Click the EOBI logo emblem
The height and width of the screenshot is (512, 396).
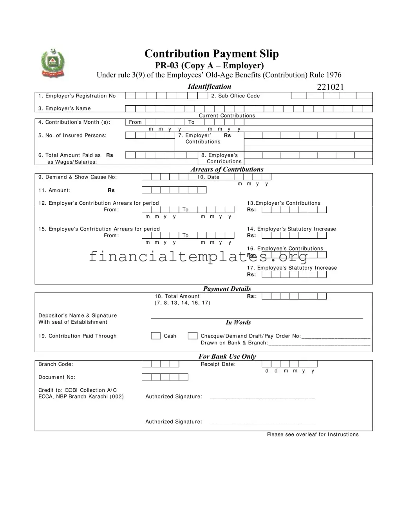click(x=52, y=63)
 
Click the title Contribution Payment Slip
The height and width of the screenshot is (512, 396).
click(x=212, y=54)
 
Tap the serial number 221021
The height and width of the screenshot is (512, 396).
click(x=330, y=87)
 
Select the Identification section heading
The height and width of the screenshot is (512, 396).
click(x=209, y=87)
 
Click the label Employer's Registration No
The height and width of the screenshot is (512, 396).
click(x=77, y=96)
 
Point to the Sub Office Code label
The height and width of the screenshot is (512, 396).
click(x=235, y=96)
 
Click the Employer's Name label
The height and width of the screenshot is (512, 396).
click(x=65, y=108)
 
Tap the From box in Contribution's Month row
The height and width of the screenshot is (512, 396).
click(x=135, y=122)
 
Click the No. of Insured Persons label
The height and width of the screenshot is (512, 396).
click(x=72, y=135)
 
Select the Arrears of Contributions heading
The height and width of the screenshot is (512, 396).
click(x=227, y=169)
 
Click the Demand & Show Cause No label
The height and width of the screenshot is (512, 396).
click(x=78, y=177)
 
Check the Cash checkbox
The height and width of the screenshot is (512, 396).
click(x=156, y=336)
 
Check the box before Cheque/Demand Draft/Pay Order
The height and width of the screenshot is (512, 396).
click(x=192, y=336)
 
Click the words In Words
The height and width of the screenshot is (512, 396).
click(x=238, y=323)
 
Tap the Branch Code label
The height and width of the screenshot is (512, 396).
click(x=56, y=364)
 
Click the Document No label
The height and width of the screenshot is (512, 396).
click(x=57, y=377)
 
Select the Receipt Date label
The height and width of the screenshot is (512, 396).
click(x=218, y=364)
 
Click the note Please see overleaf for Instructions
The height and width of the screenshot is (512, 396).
click(x=313, y=434)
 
